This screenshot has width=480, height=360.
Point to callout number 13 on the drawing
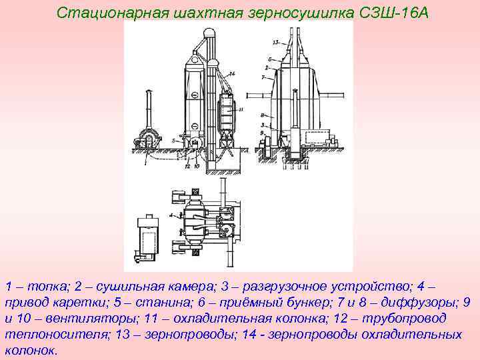[275, 42]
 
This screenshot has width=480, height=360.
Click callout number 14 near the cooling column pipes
[231, 73]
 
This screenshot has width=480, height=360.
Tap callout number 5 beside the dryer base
[173, 141]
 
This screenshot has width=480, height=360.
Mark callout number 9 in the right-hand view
[263, 134]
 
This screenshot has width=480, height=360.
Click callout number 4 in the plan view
[171, 215]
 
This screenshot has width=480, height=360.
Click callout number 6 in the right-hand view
[265, 59]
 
